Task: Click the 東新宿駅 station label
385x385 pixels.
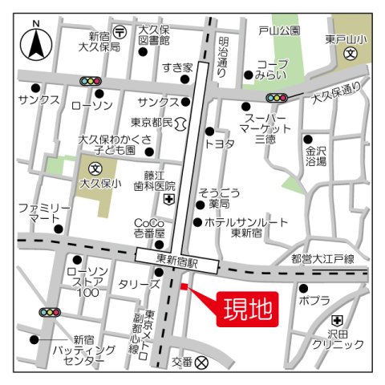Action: pos(177,259)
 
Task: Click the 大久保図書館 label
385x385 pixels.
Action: pos(154,34)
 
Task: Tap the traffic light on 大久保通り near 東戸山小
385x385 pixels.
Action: pos(278,97)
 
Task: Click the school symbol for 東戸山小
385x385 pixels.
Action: pos(351,54)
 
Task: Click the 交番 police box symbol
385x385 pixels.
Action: pos(201,362)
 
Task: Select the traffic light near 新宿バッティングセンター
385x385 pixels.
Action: pos(50,312)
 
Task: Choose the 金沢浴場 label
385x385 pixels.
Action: pos(315,156)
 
